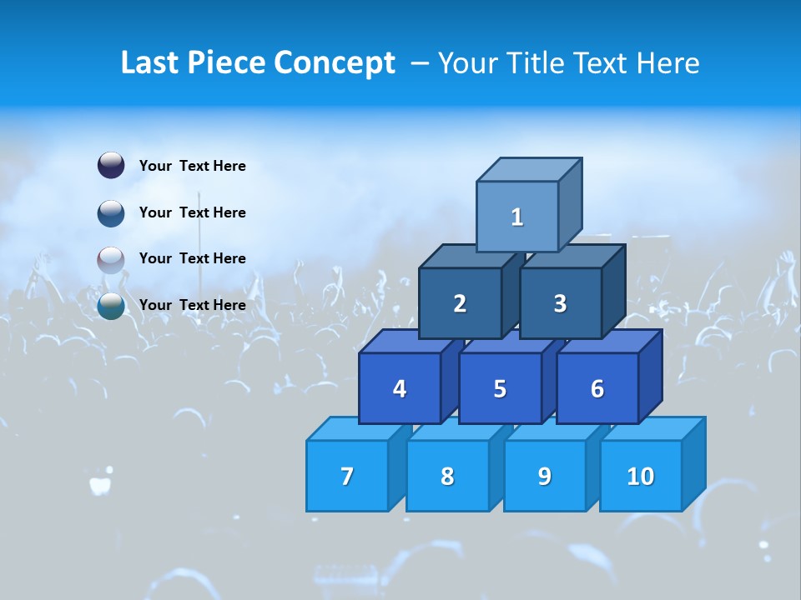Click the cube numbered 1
[517, 217]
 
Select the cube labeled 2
[460, 303]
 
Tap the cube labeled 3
[560, 303]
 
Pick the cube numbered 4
[400, 388]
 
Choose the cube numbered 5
[500, 388]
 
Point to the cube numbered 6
[597, 388]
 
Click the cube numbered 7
[347, 476]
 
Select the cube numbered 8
[447, 476]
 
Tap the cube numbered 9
[545, 476]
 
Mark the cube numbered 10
[641, 476]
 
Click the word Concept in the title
[334, 63]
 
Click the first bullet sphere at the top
[111, 165]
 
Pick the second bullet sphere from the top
[111, 212]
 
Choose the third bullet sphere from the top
[111, 259]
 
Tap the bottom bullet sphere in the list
[111, 306]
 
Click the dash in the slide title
[421, 63]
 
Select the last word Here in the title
[667, 63]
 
